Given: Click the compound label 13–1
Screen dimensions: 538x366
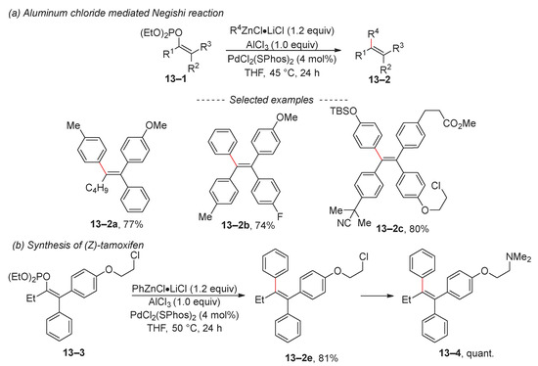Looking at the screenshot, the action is [x=176, y=79].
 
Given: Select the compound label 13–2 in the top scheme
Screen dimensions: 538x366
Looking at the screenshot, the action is [x=380, y=80].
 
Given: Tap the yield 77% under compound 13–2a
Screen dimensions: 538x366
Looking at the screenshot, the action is [x=132, y=225].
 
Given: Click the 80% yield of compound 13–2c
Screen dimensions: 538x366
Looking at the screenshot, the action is [x=419, y=229].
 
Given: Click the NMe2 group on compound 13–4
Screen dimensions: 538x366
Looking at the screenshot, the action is [x=518, y=257].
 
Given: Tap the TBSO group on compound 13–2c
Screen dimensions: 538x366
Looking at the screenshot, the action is [x=343, y=112].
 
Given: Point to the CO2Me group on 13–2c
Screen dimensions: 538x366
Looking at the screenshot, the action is [x=460, y=123].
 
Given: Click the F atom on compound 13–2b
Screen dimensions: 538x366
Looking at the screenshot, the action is [x=280, y=216].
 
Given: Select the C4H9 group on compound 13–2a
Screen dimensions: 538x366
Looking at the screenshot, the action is [x=97, y=188].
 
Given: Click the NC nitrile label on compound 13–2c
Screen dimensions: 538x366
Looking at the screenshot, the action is [x=343, y=223].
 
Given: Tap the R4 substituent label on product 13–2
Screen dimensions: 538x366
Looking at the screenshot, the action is [x=374, y=34].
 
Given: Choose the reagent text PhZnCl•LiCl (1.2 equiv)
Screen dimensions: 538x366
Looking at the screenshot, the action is [x=185, y=289].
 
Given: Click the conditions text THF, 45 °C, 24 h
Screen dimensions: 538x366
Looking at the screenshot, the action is [x=282, y=72].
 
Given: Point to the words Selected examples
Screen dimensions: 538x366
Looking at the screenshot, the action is [x=271, y=100].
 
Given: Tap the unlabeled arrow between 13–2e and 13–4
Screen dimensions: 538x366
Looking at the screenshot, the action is [x=377, y=296].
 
